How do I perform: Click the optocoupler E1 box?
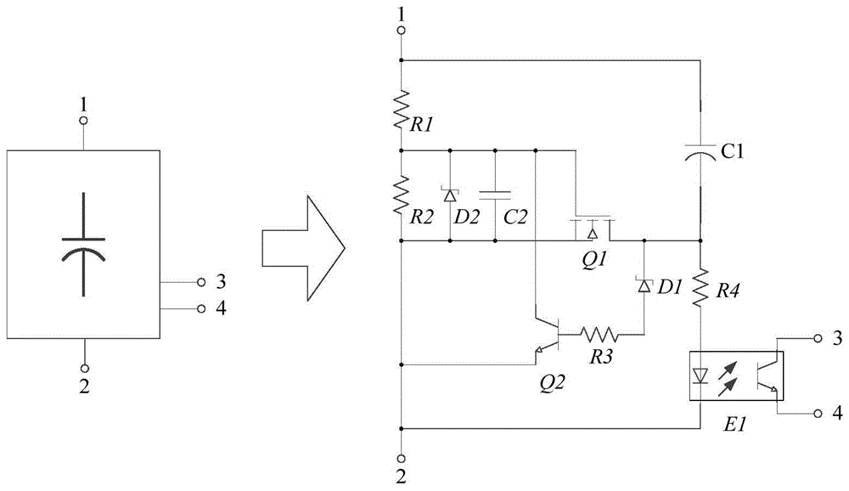click(x=734, y=374)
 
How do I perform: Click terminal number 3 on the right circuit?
click(x=836, y=338)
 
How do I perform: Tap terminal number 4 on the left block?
click(x=221, y=308)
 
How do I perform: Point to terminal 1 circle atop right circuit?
click(x=402, y=31)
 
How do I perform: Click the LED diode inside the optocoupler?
click(x=700, y=374)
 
